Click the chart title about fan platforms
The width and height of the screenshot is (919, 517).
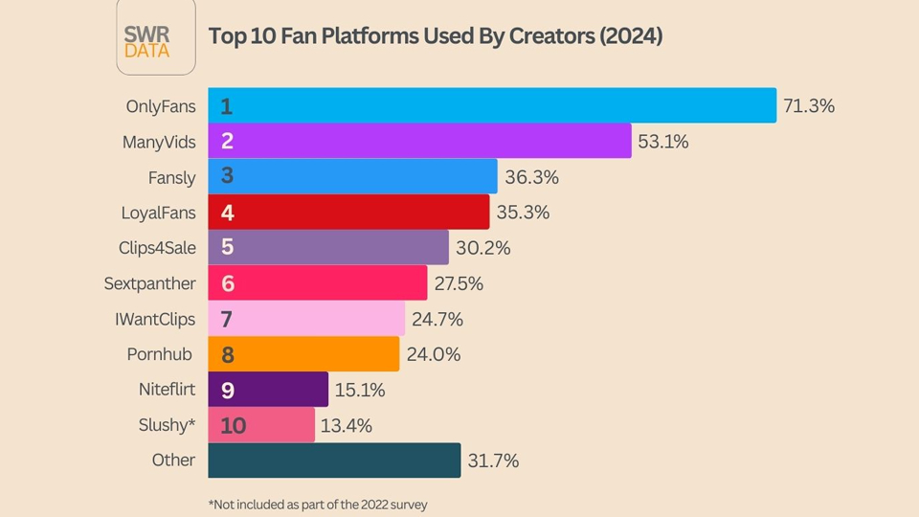tap(436, 36)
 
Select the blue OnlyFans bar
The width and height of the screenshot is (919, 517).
tap(491, 105)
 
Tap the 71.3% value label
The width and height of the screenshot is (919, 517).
tap(809, 105)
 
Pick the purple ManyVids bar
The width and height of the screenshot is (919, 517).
tap(419, 141)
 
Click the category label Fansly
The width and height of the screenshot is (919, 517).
tap(171, 177)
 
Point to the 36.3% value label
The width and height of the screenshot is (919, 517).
tap(531, 177)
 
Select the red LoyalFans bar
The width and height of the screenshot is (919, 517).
tap(348, 212)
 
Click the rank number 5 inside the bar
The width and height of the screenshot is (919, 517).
tap(227, 247)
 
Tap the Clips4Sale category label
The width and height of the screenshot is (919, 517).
tap(157, 247)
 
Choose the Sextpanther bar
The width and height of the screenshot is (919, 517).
tap(317, 282)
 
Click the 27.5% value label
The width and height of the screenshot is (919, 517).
tap(459, 283)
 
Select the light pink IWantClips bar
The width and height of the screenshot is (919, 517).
tap(306, 318)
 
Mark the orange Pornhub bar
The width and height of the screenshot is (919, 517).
tap(303, 353)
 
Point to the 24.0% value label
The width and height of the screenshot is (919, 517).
tap(434, 354)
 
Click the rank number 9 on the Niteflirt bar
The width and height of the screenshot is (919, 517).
tap(227, 390)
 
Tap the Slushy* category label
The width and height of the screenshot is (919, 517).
tap(167, 424)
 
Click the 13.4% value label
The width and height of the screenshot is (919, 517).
tap(347, 425)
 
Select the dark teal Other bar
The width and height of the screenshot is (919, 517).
tap(334, 460)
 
